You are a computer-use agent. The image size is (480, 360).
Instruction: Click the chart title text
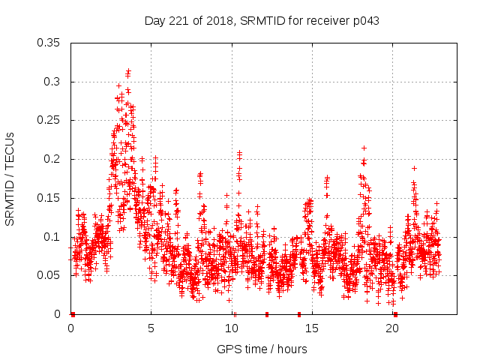[262, 21]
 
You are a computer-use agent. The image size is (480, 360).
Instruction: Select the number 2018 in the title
[210, 21]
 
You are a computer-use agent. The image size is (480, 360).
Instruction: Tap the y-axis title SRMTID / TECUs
[10, 178]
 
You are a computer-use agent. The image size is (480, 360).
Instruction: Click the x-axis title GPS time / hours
[262, 349]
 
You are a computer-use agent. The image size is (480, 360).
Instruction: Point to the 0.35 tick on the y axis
[50, 43]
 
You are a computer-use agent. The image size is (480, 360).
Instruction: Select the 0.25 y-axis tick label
[50, 120]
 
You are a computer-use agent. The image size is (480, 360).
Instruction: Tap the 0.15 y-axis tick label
[50, 198]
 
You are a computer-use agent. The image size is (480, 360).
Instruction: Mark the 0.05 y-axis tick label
[50, 275]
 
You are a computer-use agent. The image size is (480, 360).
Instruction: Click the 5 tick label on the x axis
[151, 328]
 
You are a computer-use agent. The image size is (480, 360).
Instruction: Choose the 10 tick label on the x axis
[231, 328]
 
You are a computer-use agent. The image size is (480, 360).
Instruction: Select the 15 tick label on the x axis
[311, 328]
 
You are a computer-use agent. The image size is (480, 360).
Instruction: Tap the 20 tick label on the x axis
[391, 328]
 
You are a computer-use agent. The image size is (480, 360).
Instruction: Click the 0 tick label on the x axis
[70, 328]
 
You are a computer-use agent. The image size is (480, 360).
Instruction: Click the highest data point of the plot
[129, 71]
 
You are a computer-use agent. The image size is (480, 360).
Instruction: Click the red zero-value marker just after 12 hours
[266, 314]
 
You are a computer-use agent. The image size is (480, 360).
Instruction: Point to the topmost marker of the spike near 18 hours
[364, 148]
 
